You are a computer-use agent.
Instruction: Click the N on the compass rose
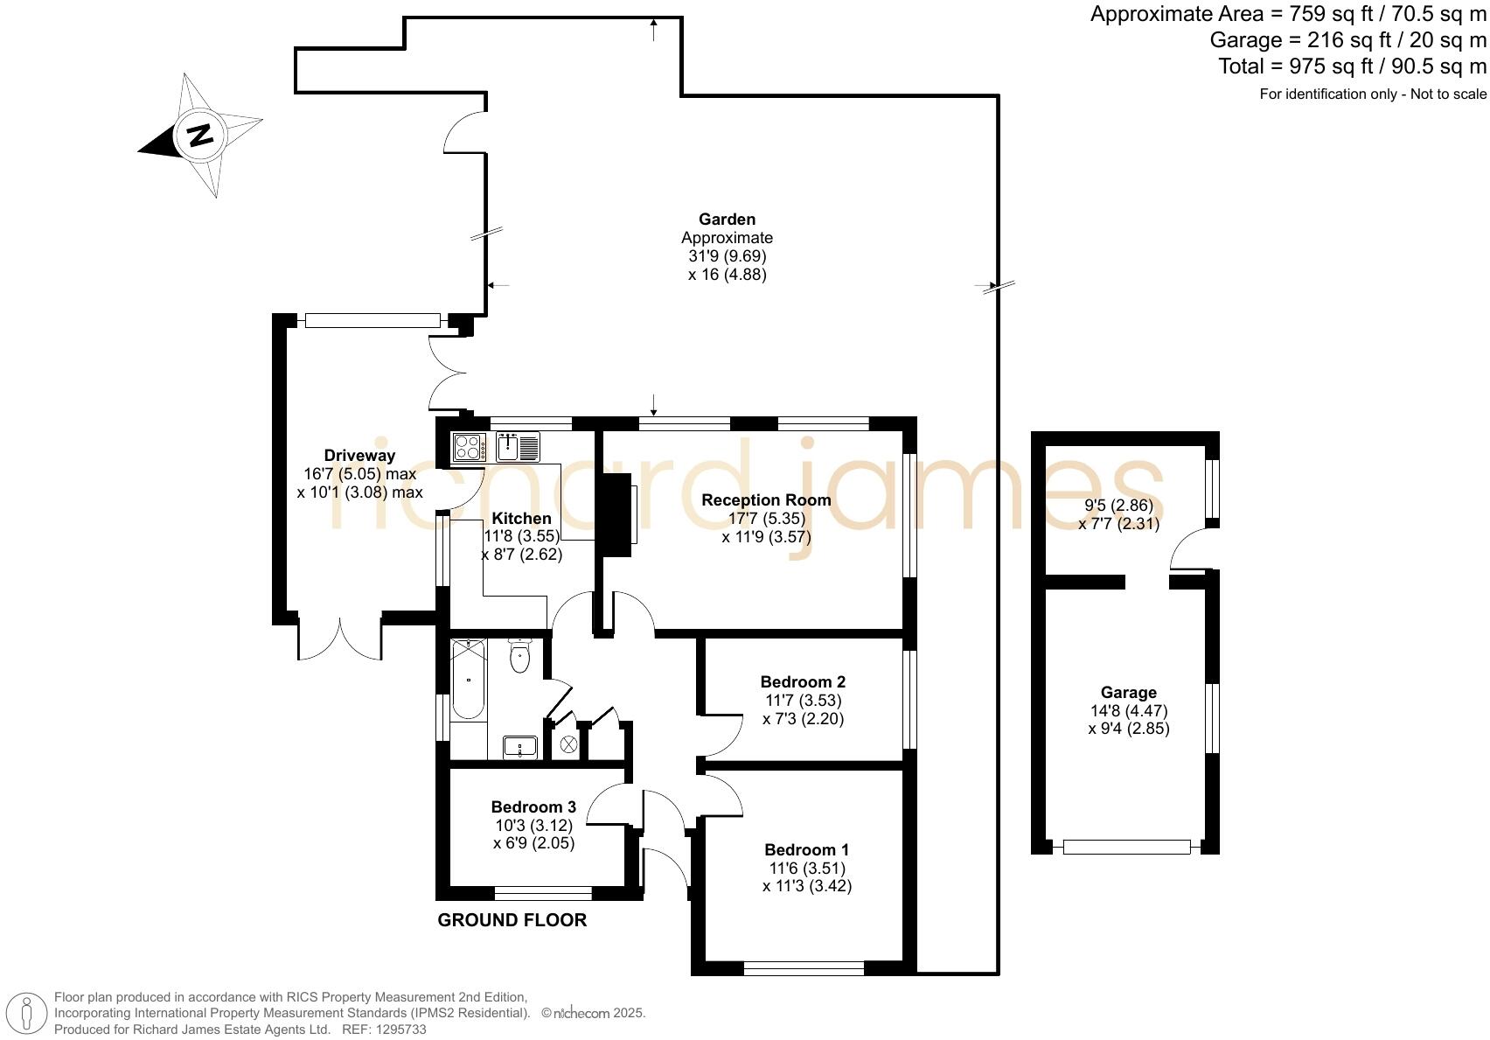[x=201, y=136]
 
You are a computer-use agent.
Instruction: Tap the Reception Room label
[x=766, y=500]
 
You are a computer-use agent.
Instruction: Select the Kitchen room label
[x=521, y=519]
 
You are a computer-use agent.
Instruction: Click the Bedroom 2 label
[x=802, y=682]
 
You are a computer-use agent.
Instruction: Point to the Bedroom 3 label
[x=533, y=807]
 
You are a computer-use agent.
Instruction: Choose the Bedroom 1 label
[x=806, y=850]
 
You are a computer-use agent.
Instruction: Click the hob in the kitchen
[x=470, y=448]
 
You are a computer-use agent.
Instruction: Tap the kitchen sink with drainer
[x=518, y=447]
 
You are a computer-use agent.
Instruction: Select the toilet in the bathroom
[x=520, y=656]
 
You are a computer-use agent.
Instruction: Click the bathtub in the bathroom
[x=469, y=679]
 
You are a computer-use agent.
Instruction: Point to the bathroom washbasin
[x=519, y=747]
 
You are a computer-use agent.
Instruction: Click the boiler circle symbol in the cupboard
[x=569, y=744]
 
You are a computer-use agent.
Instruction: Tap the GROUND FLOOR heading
[x=512, y=920]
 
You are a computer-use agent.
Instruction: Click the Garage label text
[x=1128, y=693]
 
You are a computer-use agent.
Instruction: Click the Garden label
[x=727, y=220]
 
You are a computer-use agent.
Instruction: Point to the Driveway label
[x=359, y=456]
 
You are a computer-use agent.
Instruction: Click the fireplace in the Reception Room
[x=618, y=516]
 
